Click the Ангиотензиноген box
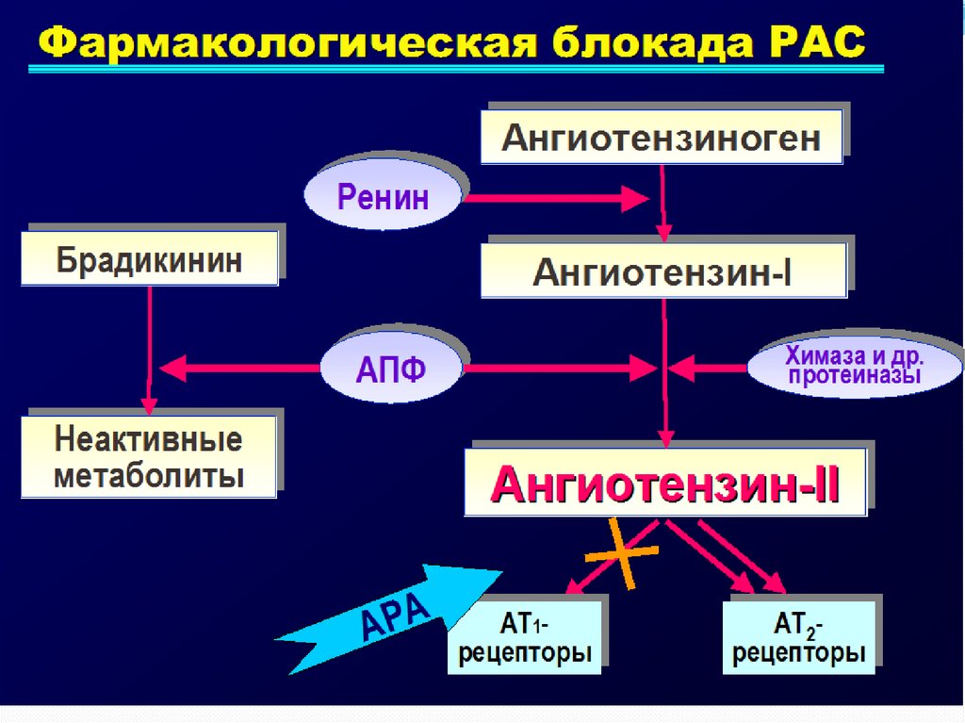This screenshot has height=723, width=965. click(x=661, y=138)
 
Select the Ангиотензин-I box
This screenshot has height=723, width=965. click(x=662, y=271)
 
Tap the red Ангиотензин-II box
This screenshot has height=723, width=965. click(x=664, y=485)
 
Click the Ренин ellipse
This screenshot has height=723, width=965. click(x=383, y=198)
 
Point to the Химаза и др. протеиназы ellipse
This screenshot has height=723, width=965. click(x=855, y=366)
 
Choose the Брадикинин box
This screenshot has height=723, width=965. click(x=149, y=259)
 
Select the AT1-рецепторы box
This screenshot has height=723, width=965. click(x=525, y=637)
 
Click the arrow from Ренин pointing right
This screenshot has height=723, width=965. click(x=556, y=199)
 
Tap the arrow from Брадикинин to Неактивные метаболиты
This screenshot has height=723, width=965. click(x=148, y=349)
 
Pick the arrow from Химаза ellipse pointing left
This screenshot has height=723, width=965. click(x=712, y=365)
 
